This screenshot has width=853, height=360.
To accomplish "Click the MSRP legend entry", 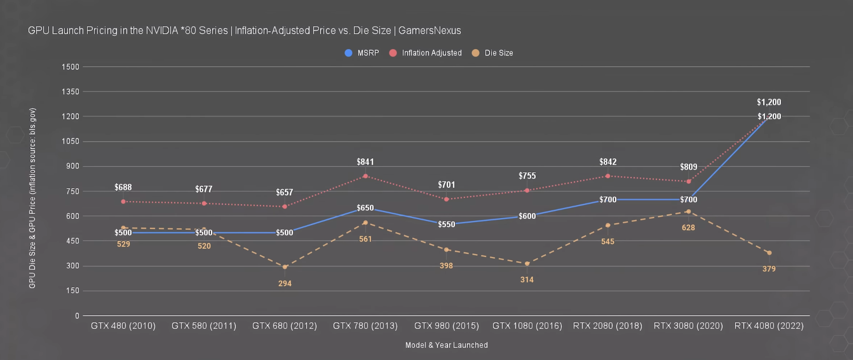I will coord(362,53).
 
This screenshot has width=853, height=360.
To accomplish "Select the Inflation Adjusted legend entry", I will coord(426,53).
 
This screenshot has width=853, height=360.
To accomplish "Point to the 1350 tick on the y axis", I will coord(70,91).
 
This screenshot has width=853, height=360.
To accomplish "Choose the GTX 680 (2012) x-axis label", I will coord(284,326).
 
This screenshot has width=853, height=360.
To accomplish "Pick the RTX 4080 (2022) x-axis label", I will coord(769,326).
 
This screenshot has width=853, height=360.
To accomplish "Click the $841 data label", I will coord(365,162).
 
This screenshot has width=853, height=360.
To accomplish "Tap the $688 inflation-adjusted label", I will coord(123,187).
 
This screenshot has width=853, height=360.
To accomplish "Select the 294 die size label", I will coord(284,283).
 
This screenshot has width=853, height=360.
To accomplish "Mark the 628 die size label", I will coord(688,228).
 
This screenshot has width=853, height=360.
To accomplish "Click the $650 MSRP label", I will coord(365,208).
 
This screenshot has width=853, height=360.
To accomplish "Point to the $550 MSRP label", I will coord(446,224).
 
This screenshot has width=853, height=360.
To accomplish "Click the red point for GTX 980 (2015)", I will coord(446,199).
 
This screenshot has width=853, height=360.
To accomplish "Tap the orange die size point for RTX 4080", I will coord(769,253).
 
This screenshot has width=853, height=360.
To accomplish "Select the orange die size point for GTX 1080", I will coord(527,264).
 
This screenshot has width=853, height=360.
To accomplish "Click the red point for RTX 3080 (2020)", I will coord(688,181).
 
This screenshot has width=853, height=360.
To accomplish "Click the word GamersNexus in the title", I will coord(429,30).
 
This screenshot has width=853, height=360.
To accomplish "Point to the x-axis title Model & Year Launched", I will coord(446,345).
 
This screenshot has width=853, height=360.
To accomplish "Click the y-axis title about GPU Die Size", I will coord(32,198).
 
